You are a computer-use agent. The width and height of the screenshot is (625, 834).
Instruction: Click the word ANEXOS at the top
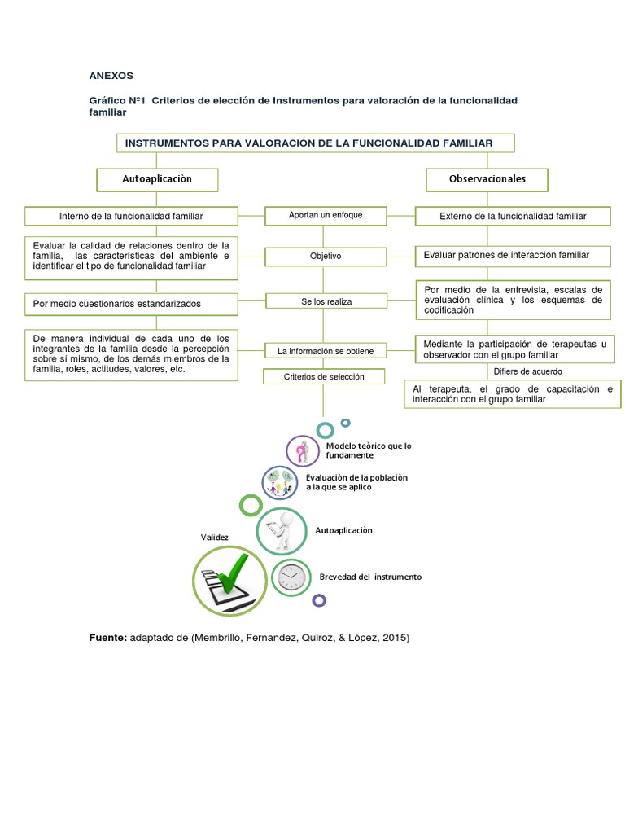pos(111,76)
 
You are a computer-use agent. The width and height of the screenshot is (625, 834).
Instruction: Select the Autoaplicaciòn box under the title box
pos(157,178)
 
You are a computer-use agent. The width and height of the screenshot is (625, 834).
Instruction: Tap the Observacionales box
pos(487,179)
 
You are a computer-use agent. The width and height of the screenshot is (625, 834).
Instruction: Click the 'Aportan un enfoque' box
pos(325,216)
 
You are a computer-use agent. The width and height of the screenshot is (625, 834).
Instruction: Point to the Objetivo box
pos(325,257)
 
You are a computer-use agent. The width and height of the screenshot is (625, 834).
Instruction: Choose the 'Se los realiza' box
pos(325,302)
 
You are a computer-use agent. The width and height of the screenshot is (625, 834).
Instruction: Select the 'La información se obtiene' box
pos(325,351)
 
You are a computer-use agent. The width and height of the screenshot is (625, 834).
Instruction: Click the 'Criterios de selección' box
pos(324,377)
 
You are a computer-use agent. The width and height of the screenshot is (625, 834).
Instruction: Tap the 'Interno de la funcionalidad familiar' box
pos(131,216)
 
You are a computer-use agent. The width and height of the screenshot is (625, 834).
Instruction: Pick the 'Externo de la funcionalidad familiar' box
pos(513,216)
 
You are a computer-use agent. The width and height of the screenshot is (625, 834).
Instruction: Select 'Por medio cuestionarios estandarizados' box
pos(131,304)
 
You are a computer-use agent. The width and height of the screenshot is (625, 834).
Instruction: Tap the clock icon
pos(291,577)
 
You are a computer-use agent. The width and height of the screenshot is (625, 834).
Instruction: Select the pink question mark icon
pos(302,450)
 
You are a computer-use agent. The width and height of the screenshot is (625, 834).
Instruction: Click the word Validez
pos(215,538)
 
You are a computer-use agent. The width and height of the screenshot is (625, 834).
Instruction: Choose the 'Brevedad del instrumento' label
pos(370,577)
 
